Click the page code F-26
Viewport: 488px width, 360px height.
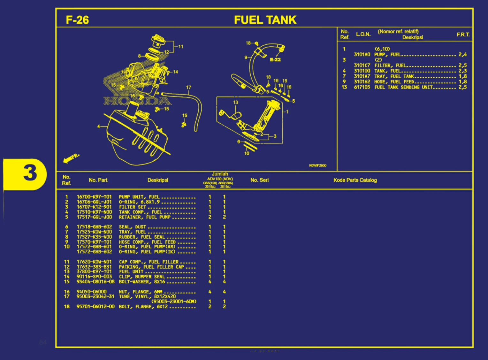77,20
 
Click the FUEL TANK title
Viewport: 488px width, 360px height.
265,20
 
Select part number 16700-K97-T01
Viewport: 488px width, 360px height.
94,197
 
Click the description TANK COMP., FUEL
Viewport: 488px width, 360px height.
141,212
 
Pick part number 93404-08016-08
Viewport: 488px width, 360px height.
95,282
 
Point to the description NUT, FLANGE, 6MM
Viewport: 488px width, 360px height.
141,292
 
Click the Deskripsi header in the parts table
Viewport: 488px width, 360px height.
158,180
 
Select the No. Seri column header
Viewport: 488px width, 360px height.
259,180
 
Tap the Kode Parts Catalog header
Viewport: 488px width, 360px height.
355,180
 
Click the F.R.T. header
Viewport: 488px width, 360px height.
463,34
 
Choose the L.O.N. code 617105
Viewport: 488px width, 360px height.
362,87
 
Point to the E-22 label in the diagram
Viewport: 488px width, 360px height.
275,60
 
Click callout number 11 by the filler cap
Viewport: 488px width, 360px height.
181,47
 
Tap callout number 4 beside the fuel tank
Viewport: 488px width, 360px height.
99,126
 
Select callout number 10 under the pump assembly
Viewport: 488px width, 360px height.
247,153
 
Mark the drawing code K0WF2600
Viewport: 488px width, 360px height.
317,165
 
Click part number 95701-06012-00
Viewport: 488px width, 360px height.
95,307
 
